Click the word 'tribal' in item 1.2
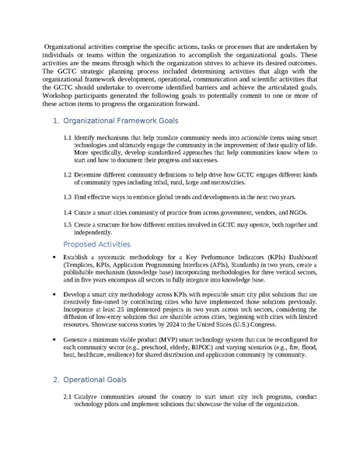(x=212, y=183)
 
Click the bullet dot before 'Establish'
(x=53, y=257)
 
